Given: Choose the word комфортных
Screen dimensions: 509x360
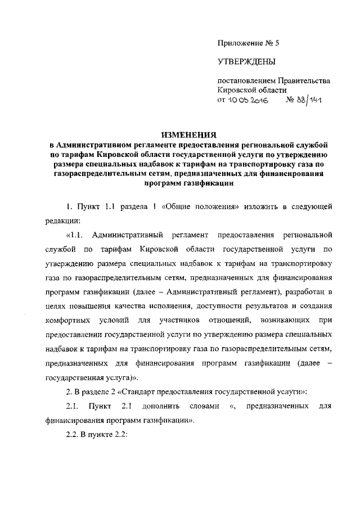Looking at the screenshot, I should click(x=68, y=320).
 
